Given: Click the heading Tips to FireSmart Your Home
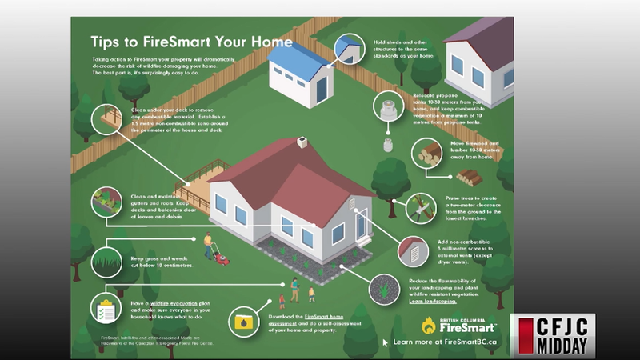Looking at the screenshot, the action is click(191, 41).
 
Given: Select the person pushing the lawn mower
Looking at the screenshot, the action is click(207, 244).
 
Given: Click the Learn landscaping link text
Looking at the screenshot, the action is click(433, 302).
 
